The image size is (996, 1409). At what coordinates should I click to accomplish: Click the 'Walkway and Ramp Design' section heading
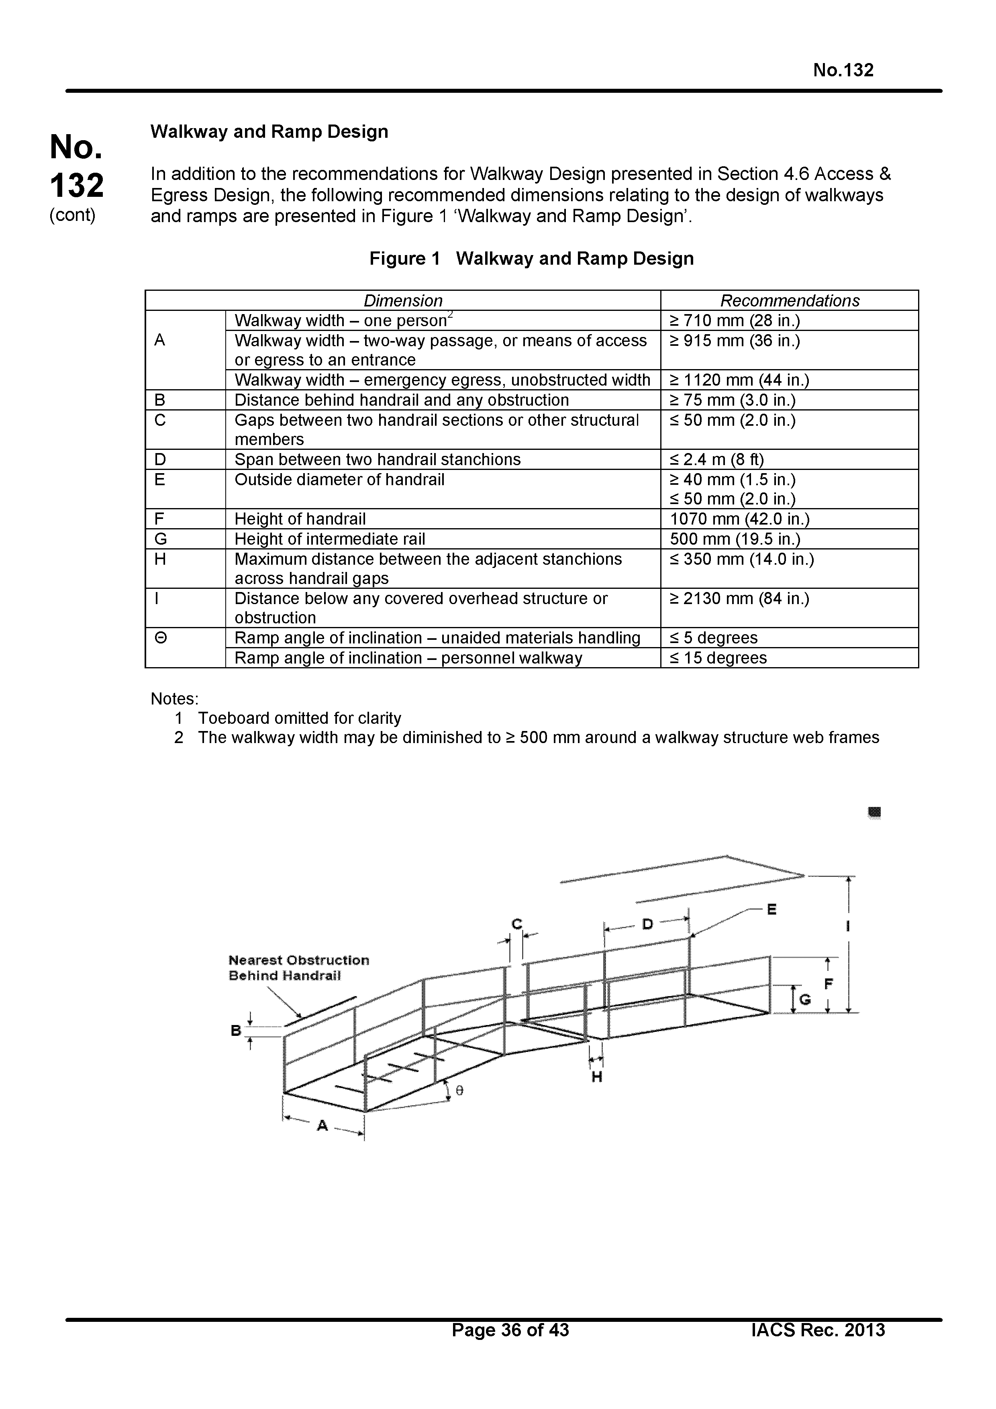pyautogui.click(x=269, y=132)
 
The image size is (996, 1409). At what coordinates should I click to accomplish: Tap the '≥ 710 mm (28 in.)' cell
pyautogui.click(x=735, y=321)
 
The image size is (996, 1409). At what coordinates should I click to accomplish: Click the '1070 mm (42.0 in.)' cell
pyautogui.click(x=739, y=519)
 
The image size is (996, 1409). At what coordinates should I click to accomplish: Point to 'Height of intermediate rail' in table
pyautogui.click(x=330, y=539)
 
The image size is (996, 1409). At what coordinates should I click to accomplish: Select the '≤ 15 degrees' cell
pyautogui.click(x=718, y=658)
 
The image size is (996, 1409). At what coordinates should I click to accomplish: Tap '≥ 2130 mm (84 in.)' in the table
pyautogui.click(x=739, y=598)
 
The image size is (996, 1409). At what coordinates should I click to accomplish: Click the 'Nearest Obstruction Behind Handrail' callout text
pyautogui.click(x=298, y=968)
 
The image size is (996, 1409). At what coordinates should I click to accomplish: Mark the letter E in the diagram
pyautogui.click(x=771, y=909)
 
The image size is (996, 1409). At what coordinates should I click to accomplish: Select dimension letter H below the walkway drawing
pyautogui.click(x=596, y=1076)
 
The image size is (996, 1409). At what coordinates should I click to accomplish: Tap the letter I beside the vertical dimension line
pyautogui.click(x=847, y=926)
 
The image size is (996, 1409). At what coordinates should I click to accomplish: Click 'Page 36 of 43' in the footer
pyautogui.click(x=510, y=1347)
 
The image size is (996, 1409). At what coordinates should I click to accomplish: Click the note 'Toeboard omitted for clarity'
pyautogui.click(x=300, y=718)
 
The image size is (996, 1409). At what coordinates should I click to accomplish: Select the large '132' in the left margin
pyautogui.click(x=77, y=185)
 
